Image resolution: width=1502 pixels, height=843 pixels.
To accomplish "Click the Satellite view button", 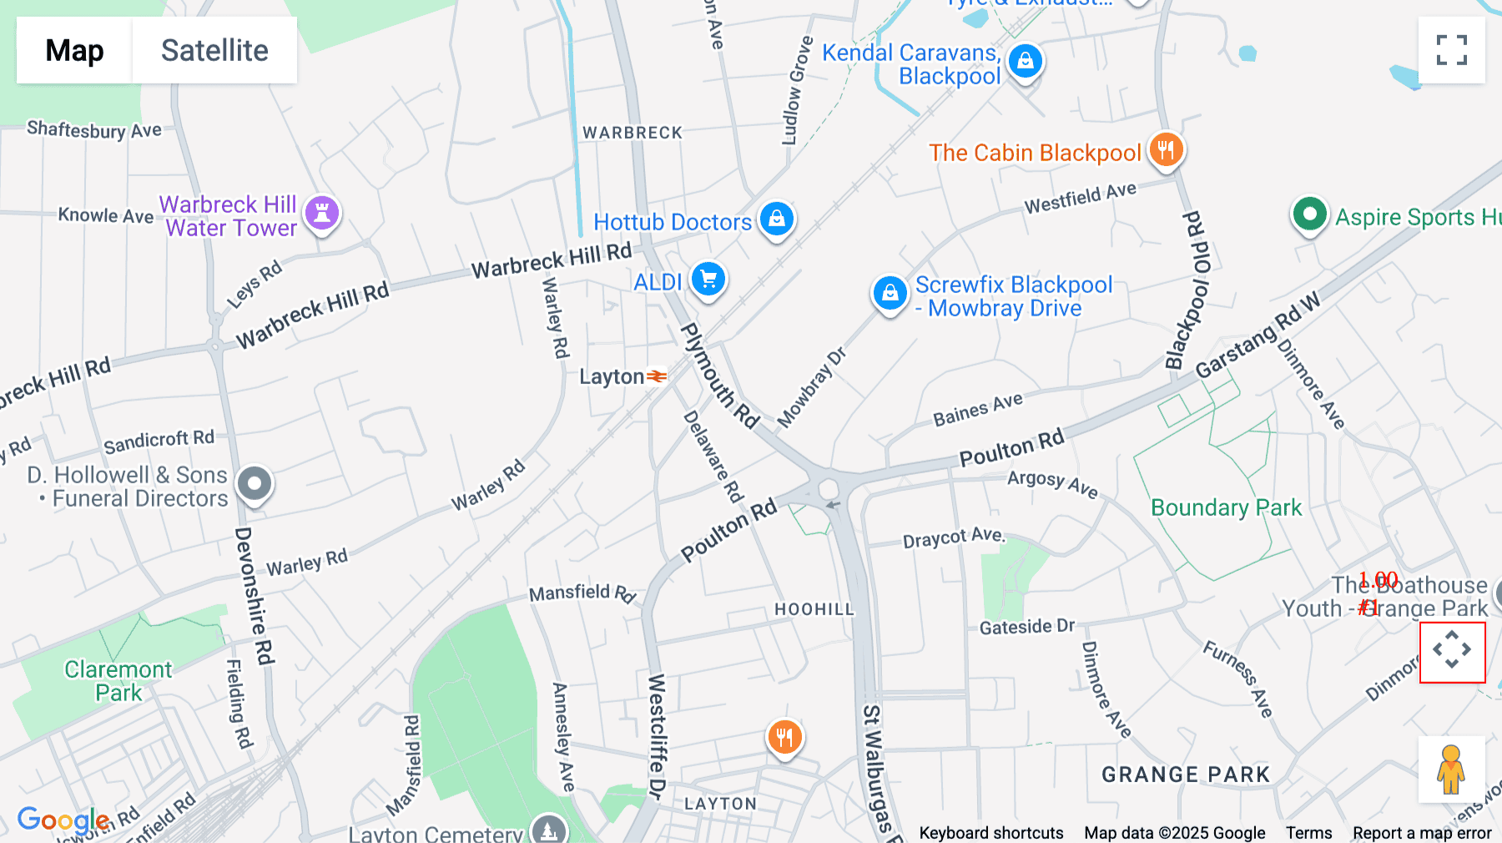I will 214,50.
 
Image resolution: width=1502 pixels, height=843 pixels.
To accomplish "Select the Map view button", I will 74,50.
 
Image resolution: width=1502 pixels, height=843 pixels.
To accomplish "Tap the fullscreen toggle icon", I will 1451,50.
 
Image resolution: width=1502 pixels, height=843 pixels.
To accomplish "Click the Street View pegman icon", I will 1451,770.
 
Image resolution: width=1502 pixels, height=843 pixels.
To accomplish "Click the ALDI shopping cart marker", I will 708,280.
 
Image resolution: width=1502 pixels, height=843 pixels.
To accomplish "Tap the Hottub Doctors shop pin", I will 777,219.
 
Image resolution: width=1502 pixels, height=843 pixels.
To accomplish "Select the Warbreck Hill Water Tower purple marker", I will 322,213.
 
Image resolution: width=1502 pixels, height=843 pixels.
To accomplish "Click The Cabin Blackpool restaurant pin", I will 1166,150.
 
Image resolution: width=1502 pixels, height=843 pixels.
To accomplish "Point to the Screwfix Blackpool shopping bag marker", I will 890,293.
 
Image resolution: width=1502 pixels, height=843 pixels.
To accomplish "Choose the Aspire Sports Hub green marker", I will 1309,215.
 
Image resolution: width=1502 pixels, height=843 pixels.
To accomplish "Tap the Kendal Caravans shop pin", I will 1026,61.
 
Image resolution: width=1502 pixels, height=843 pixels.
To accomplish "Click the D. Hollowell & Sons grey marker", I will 255,483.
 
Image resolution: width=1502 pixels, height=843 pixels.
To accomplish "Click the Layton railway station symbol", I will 657,376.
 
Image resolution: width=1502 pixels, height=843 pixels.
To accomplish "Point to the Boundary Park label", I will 1226,507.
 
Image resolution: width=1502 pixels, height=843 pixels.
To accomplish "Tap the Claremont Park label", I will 118,681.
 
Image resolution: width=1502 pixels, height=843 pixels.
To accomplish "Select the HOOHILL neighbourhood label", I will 814,609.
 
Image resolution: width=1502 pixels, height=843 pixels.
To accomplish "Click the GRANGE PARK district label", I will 1185,775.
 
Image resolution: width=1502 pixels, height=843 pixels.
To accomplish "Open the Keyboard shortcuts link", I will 990,833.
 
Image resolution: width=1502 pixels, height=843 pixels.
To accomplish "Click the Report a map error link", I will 1422,833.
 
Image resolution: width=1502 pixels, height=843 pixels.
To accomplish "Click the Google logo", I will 63,820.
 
